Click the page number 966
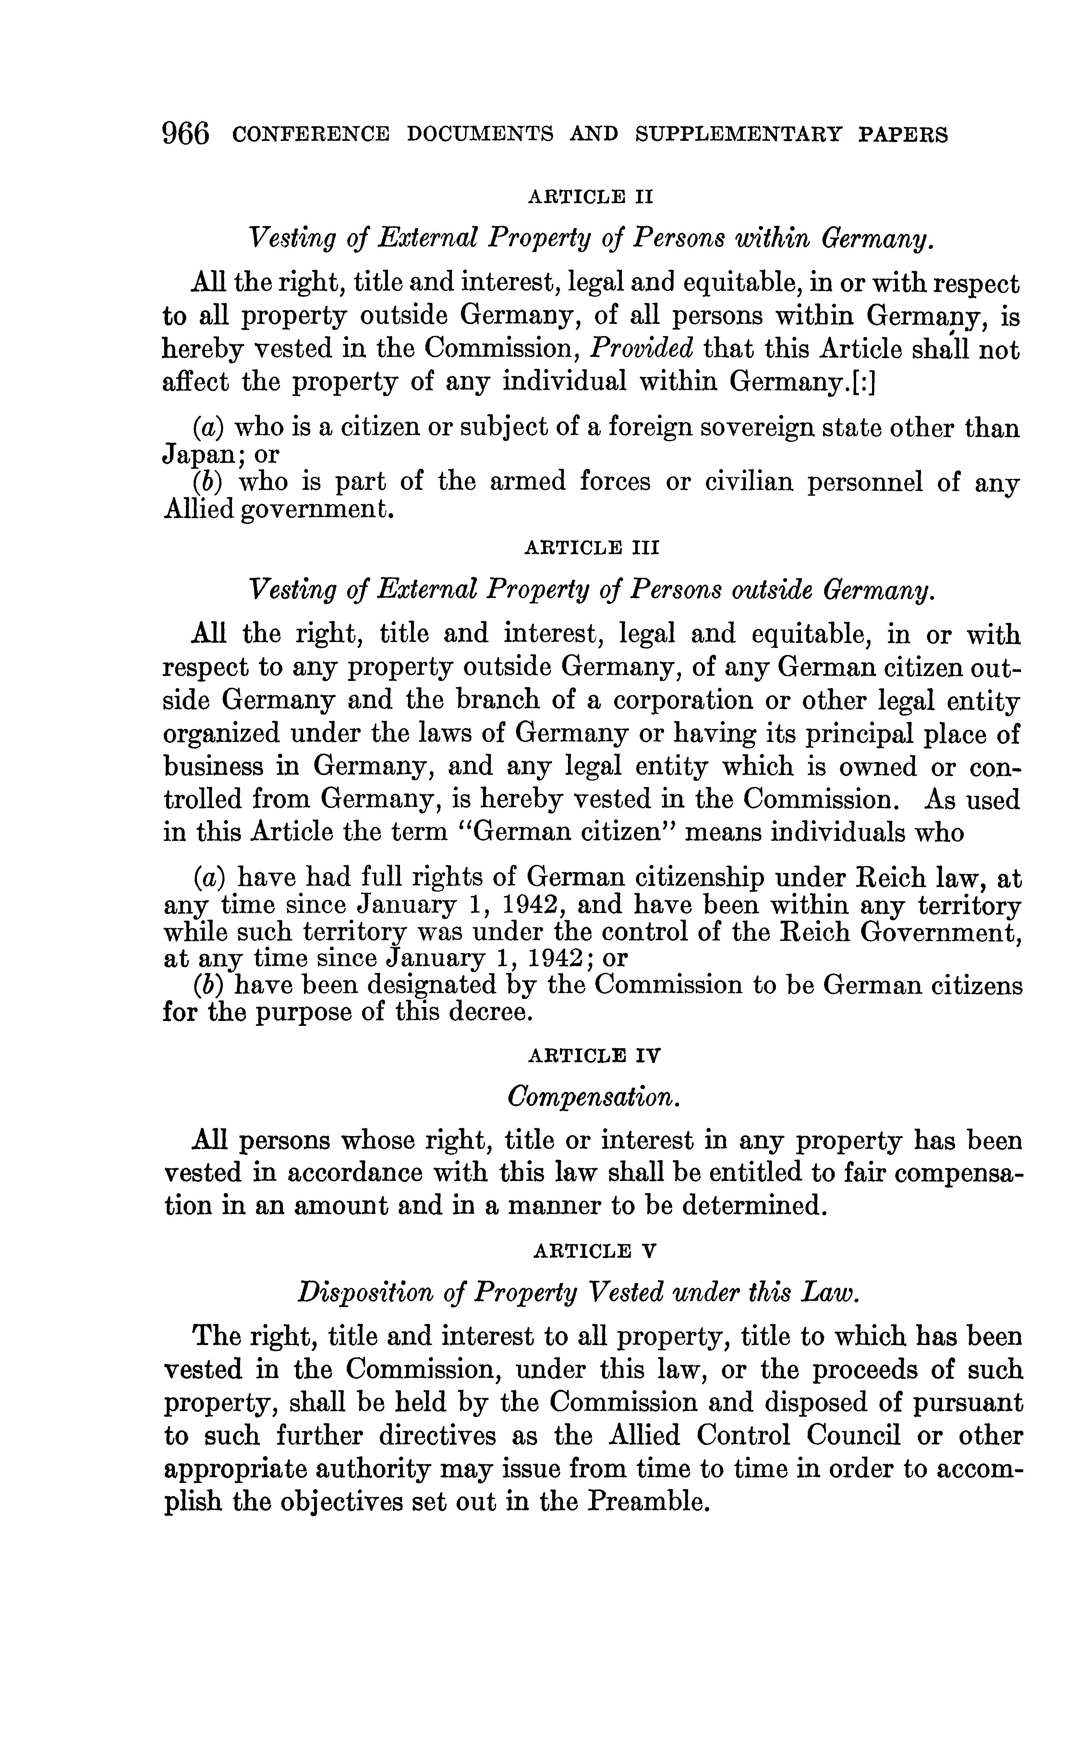pos(186,134)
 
